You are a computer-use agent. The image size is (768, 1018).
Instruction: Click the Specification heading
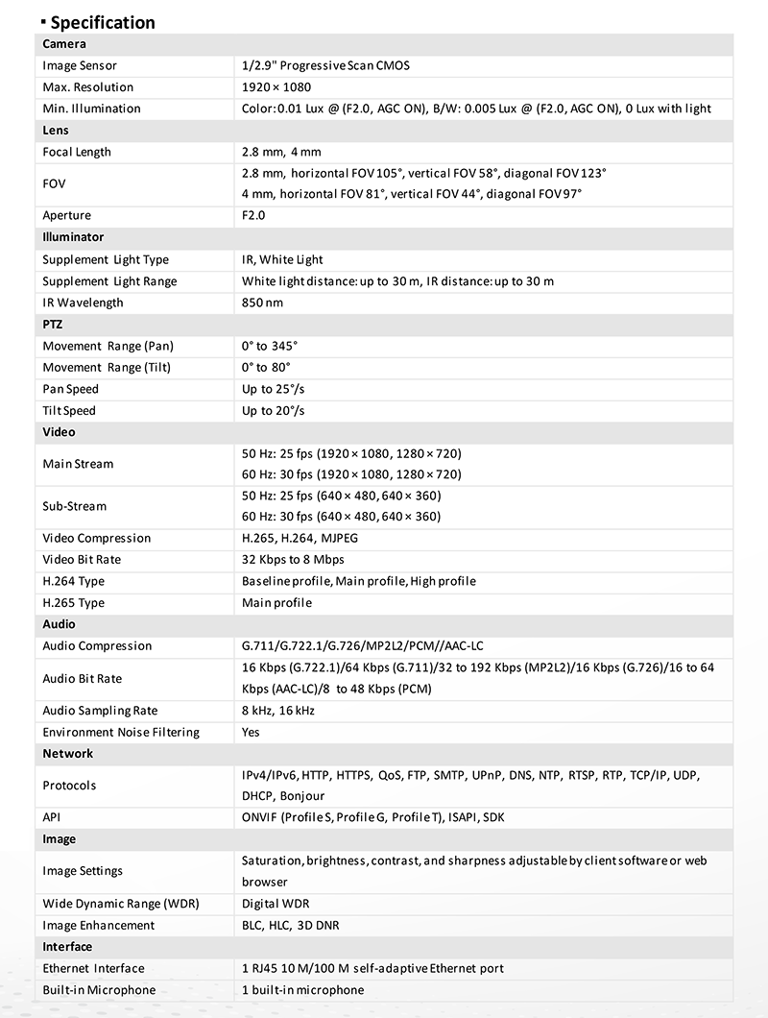coord(102,22)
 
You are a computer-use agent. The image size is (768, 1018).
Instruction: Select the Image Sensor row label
coord(80,65)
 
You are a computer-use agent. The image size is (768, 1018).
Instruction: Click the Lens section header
coord(56,130)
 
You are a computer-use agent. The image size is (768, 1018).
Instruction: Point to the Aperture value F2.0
coord(253,215)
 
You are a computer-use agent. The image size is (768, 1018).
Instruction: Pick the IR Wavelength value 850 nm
coord(262,303)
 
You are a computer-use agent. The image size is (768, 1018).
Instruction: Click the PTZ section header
coord(53,325)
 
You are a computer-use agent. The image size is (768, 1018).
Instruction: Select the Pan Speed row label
coord(71,389)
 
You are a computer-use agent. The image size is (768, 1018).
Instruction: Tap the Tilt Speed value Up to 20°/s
coord(274,410)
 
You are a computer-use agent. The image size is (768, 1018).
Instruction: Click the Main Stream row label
coord(78,464)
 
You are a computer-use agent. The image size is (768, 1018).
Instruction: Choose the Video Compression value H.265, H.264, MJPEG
coord(300,538)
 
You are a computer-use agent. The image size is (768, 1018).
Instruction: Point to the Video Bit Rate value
coord(293,559)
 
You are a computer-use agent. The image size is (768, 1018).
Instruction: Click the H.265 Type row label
coord(74,603)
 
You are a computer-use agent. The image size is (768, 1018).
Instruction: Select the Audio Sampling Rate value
coord(278,711)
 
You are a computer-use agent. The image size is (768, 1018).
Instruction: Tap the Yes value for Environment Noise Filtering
coord(251,732)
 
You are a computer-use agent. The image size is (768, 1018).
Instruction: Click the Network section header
coord(68,754)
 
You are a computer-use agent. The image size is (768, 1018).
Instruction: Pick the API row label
coord(52,817)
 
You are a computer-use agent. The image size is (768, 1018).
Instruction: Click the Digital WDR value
coord(276,904)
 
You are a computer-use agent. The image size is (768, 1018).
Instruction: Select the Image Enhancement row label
coord(99,925)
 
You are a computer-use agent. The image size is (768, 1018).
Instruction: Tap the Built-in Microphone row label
coord(99,989)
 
